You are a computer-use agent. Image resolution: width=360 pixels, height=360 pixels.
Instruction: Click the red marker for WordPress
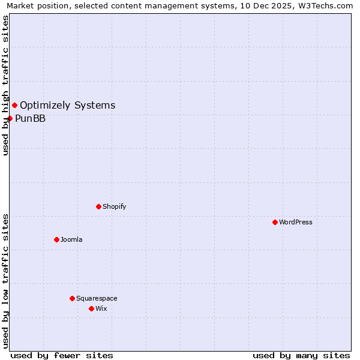(x=275, y=222)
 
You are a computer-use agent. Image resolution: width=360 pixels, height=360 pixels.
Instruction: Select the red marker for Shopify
(x=98, y=206)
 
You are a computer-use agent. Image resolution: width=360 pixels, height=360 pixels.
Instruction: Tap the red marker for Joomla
(x=56, y=239)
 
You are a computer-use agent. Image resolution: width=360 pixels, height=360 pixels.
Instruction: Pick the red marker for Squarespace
(x=72, y=298)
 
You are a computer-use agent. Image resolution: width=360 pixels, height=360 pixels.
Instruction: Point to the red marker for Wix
(x=91, y=308)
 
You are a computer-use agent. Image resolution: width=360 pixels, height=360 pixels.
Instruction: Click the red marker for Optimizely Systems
(x=14, y=106)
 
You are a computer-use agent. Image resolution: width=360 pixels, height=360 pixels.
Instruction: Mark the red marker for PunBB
(x=10, y=118)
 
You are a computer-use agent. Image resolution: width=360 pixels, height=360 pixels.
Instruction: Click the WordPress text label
(x=296, y=222)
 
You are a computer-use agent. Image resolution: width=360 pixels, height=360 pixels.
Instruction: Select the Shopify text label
(x=115, y=206)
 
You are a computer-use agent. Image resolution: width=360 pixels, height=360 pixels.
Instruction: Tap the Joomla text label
(x=71, y=239)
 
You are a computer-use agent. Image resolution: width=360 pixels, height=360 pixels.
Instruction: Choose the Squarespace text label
(x=97, y=298)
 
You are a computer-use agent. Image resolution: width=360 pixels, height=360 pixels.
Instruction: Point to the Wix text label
(x=101, y=308)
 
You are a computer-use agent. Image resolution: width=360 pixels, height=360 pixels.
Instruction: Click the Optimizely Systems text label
(x=68, y=106)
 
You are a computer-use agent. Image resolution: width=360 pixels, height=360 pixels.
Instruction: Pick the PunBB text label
(x=31, y=118)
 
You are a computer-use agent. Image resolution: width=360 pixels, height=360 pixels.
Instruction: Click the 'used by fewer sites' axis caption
(x=62, y=355)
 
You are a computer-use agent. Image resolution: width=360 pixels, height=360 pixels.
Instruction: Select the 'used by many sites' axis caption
(x=301, y=355)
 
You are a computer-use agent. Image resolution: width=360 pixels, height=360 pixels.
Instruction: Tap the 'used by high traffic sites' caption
(x=5, y=85)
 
